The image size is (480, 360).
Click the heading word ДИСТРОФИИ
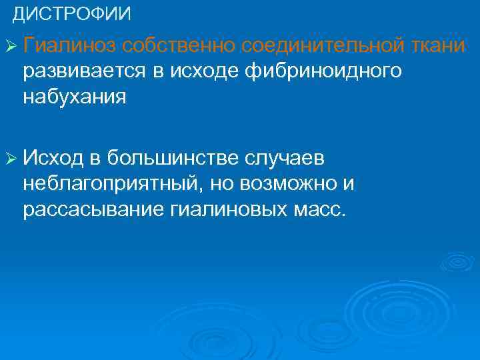pos(72,13)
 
